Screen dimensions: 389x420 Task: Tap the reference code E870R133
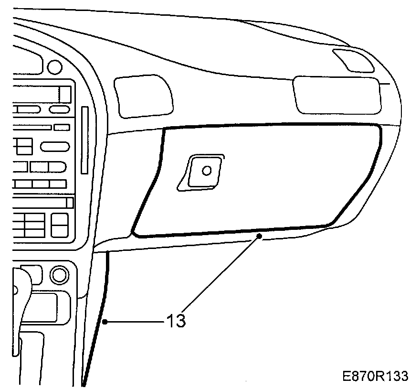coord(375,376)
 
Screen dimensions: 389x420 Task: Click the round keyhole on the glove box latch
coord(207,170)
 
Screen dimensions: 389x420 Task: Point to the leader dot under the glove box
coord(259,236)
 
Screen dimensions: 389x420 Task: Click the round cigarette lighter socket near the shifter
coord(59,275)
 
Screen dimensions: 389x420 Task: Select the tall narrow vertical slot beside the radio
coord(85,140)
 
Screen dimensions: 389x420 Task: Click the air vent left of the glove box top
coord(143,96)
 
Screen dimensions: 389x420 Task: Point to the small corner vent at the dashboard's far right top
coord(354,60)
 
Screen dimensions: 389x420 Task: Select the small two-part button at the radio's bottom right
coord(60,224)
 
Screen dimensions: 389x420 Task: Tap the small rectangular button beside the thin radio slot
coord(62,127)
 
